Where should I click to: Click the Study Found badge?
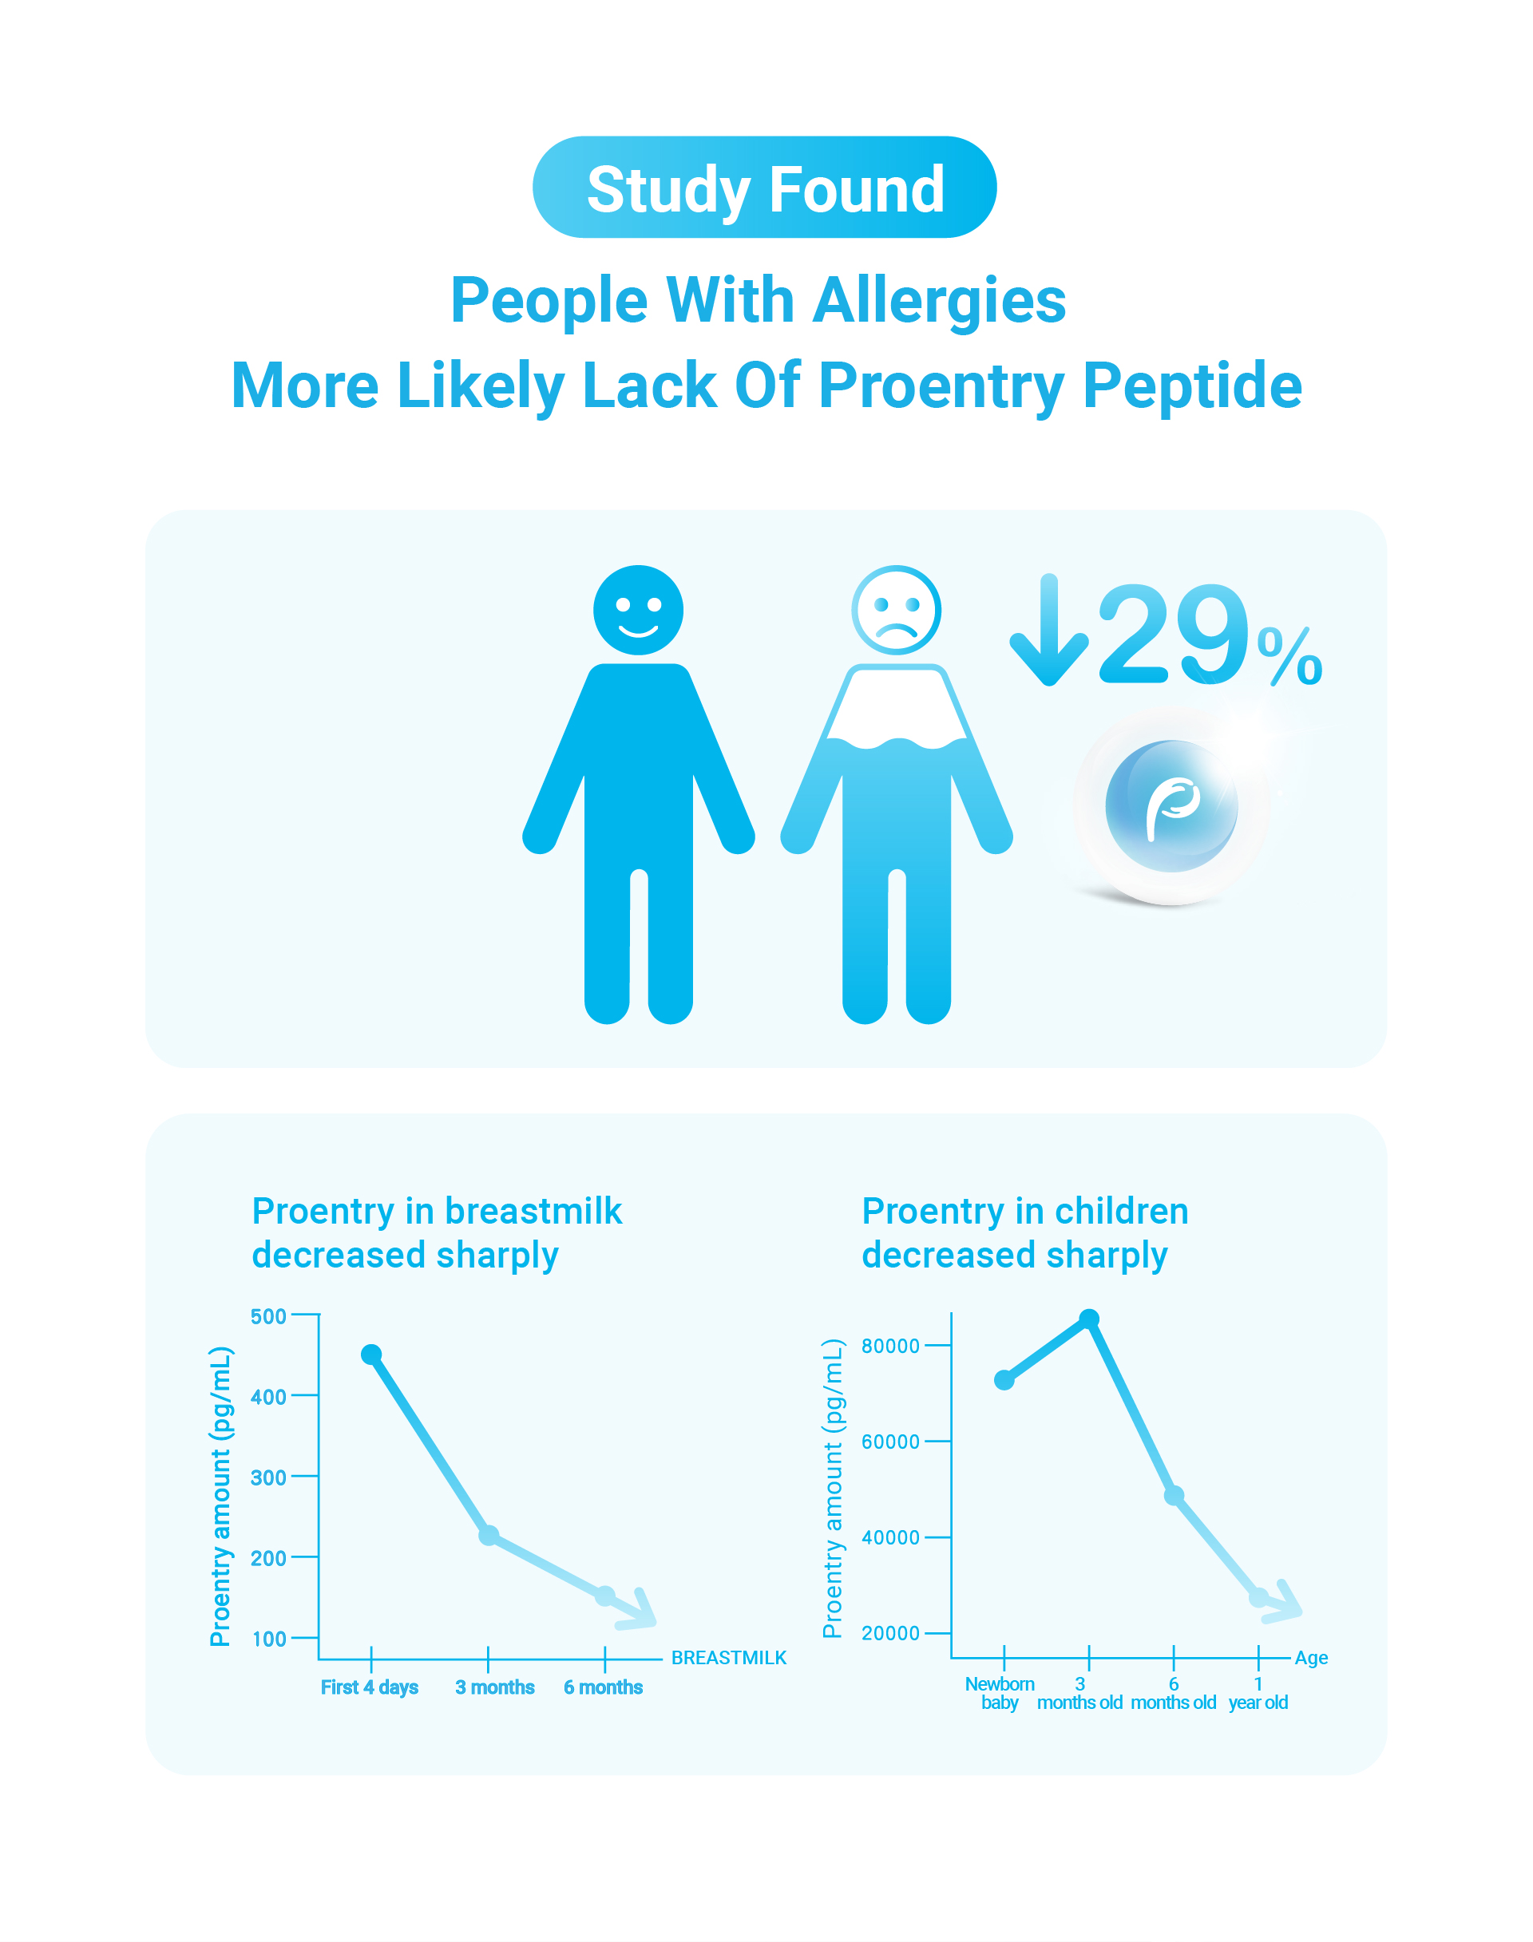coord(765,187)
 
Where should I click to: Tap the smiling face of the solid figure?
coord(638,611)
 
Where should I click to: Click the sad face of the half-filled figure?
coord(896,611)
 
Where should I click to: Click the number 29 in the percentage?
coord(1172,634)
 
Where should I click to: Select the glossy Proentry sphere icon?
coord(1171,806)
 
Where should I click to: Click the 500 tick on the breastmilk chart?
coord(268,1316)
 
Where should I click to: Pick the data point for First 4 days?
coord(370,1355)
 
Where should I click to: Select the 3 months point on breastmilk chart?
coord(489,1536)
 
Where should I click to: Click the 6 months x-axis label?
coord(603,1687)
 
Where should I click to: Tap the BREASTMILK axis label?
coord(729,1658)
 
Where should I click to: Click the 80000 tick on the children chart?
coord(890,1345)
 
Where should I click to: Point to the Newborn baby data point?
coord(1004,1380)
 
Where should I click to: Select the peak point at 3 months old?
coord(1089,1319)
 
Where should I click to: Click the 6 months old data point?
coord(1174,1496)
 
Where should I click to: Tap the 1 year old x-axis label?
coord(1258,1694)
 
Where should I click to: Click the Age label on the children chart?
coord(1311,1659)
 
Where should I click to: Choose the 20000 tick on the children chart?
coord(890,1633)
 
